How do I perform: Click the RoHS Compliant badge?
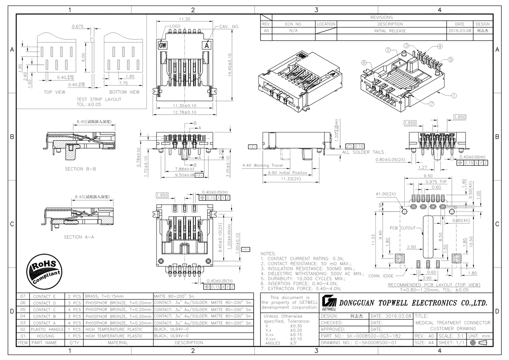44,270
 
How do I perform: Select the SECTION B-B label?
80,169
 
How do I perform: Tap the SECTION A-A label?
78,237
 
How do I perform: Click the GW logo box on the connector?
162,45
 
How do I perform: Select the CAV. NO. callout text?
229,26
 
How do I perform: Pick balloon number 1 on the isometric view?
453,96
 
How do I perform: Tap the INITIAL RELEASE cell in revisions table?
390,31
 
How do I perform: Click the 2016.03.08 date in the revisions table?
459,31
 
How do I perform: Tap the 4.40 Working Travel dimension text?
263,165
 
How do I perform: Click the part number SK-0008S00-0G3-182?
364,336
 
